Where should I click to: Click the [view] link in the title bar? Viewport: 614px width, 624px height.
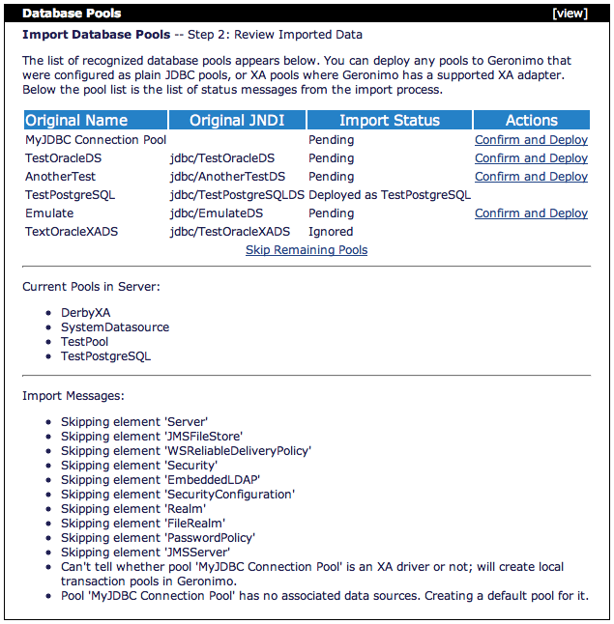[x=570, y=14]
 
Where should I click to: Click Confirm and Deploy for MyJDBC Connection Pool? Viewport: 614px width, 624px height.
[x=531, y=140]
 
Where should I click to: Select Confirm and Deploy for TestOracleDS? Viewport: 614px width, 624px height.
[x=531, y=158]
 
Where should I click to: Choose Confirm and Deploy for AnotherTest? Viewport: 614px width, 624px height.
[x=531, y=177]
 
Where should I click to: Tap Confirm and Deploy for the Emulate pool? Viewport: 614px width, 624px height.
[x=531, y=213]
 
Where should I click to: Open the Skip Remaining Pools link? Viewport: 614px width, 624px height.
[x=307, y=250]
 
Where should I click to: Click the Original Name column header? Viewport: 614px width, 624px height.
[x=76, y=121]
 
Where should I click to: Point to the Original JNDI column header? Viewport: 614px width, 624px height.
[x=237, y=121]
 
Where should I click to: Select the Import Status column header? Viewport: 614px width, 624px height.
[x=390, y=121]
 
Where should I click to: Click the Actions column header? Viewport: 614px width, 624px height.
[x=531, y=121]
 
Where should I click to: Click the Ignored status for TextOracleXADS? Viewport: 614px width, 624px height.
[x=331, y=232]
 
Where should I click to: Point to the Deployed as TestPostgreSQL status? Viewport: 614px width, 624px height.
[x=390, y=195]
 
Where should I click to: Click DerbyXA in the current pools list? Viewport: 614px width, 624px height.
[x=85, y=313]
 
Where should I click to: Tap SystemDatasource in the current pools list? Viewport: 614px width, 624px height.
[x=114, y=327]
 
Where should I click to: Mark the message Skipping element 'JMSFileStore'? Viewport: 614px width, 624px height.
[x=151, y=437]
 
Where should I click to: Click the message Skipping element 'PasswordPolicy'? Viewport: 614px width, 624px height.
[x=158, y=538]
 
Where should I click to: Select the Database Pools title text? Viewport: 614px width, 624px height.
[x=72, y=14]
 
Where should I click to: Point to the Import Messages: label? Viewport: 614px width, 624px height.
[x=73, y=395]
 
